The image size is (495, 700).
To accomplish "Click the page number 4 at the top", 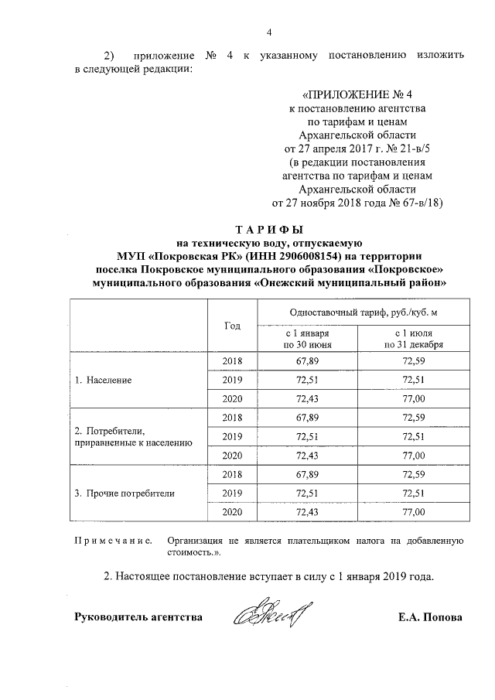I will click(x=269, y=32).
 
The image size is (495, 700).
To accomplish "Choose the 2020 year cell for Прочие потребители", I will click(x=232, y=512).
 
